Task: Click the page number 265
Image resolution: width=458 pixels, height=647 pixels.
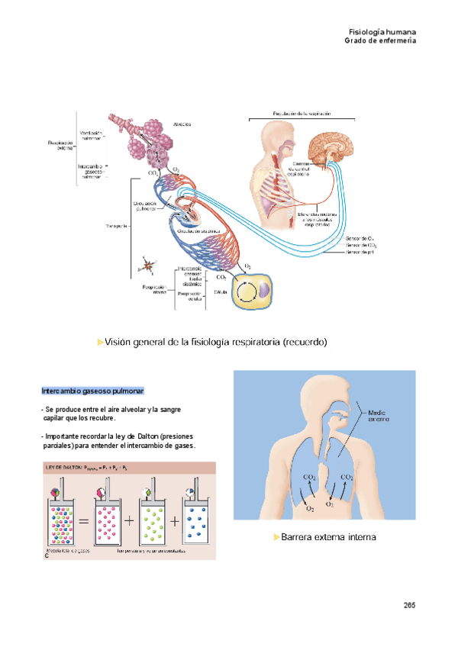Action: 409,605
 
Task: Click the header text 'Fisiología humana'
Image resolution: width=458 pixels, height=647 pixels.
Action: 382,32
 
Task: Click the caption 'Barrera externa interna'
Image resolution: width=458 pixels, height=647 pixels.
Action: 329,537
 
